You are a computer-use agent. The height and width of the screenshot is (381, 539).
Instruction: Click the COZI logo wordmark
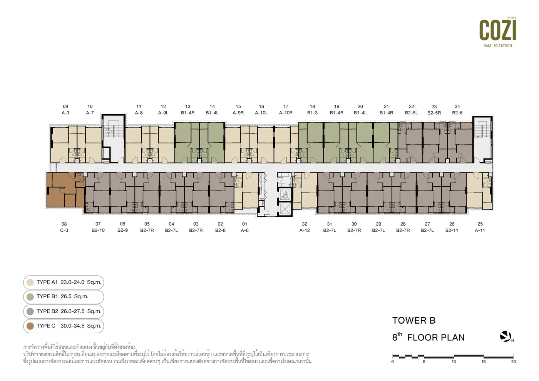coord(497,30)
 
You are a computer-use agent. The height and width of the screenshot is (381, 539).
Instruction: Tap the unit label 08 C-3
coord(64,227)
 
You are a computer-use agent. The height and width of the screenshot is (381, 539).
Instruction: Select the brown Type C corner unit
coord(65,190)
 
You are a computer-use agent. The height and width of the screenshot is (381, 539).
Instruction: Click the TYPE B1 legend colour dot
coord(30,297)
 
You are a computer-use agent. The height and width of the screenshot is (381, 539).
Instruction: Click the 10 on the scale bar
coord(454,361)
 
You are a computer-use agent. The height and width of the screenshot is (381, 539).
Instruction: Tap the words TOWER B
coord(414,320)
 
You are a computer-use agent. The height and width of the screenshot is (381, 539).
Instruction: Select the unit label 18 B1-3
coord(312,109)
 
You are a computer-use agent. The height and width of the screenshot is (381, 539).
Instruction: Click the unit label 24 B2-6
coord(457,109)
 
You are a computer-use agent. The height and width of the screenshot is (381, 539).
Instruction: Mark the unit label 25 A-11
coord(480,227)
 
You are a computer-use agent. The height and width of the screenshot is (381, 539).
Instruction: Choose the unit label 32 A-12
coord(305,227)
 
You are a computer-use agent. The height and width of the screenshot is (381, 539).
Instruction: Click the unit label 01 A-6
coord(244,227)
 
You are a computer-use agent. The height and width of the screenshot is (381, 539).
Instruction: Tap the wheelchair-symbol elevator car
coord(285,195)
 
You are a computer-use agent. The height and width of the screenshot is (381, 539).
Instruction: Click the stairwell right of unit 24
coord(482,139)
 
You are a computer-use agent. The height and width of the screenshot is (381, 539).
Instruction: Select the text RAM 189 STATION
coord(497,46)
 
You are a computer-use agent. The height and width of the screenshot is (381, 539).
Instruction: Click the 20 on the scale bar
coord(513,361)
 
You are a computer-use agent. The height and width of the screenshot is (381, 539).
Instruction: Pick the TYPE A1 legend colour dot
coord(30,282)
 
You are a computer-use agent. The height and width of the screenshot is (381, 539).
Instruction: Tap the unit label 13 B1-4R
coord(188,109)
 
